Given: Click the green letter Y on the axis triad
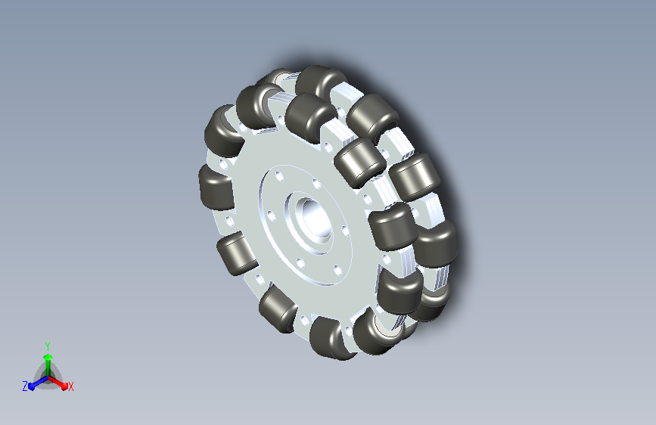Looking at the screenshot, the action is tap(48, 346).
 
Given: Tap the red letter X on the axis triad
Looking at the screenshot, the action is tap(70, 386).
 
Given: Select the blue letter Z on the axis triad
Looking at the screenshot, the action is tap(25, 386).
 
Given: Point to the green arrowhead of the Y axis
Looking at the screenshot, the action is tap(48, 357).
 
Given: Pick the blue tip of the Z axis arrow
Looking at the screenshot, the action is tap(32, 386).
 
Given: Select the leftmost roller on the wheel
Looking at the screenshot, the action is tap(216, 188).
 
